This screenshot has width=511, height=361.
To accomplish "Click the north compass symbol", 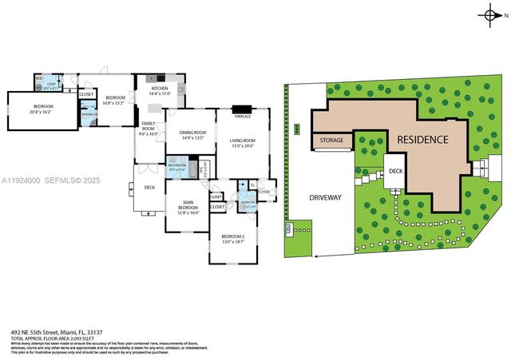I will pyautogui.click(x=489, y=15).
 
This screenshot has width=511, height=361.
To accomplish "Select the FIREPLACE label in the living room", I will pyautogui.click(x=243, y=117).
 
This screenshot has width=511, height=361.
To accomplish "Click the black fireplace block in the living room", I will pyautogui.click(x=243, y=109).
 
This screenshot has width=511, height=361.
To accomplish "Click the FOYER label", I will pyautogui.click(x=264, y=191).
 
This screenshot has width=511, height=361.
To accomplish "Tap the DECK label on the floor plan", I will pyautogui.click(x=149, y=188).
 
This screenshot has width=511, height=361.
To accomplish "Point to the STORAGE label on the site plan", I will pyautogui.click(x=331, y=141).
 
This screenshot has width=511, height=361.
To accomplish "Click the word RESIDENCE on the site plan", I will pyautogui.click(x=422, y=140).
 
